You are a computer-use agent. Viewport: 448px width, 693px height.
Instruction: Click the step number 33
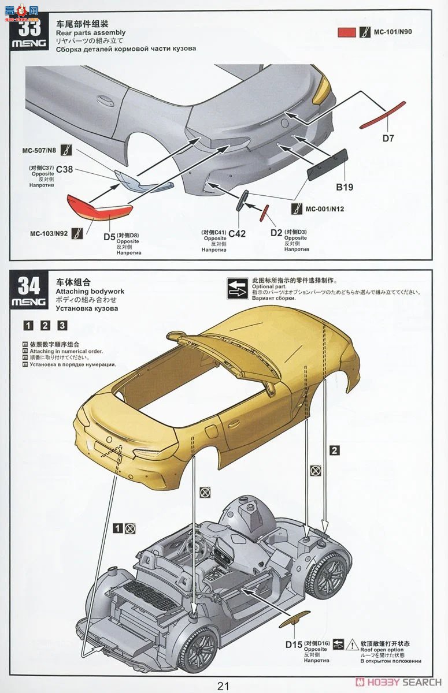tap(29, 27)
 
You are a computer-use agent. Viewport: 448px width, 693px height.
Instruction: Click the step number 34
tap(29, 286)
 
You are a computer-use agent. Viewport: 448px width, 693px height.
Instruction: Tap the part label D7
tap(388, 137)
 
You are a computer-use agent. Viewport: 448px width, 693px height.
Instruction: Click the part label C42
tap(237, 233)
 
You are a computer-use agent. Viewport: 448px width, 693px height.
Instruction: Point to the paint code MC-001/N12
tap(324, 208)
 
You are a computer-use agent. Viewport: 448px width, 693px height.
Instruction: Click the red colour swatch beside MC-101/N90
tap(346, 32)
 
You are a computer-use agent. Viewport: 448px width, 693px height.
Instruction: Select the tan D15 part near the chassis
tap(295, 621)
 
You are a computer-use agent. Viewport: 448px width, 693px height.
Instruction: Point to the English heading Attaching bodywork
tap(90, 292)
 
